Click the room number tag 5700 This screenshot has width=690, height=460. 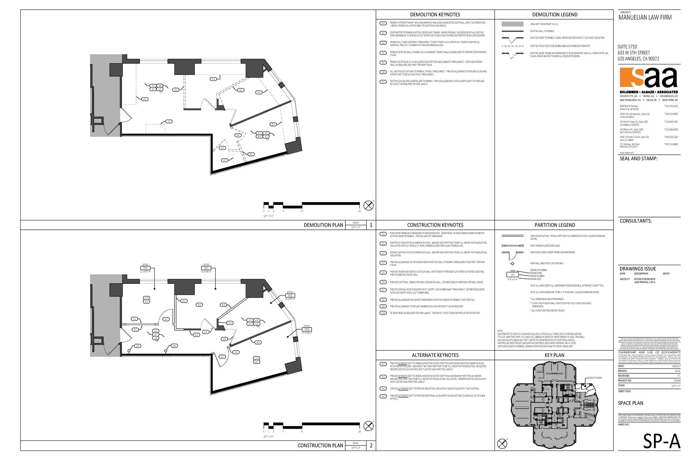coord(145,268)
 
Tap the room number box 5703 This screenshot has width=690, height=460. coord(307,329)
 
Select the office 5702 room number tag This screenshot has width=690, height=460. coord(290,296)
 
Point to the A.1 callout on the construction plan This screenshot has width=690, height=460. coord(184,301)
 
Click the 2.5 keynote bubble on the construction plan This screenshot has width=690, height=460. coord(135,330)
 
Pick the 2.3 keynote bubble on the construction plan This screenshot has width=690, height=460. coord(236,352)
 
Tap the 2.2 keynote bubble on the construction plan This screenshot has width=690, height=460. coord(134,318)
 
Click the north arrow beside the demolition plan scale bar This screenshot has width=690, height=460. coord(368,205)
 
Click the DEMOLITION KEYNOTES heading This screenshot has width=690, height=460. coord(435,14)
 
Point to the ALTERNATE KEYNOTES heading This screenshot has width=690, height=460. coord(435,355)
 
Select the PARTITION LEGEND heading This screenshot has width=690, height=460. coord(555,225)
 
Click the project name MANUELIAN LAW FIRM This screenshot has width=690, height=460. coord(645,18)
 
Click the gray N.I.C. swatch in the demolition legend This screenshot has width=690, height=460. coord(512,24)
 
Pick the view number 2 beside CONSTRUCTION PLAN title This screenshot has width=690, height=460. coord(371,446)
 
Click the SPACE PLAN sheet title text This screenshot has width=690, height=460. coord(630,403)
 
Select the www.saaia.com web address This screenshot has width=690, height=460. coord(625,153)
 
